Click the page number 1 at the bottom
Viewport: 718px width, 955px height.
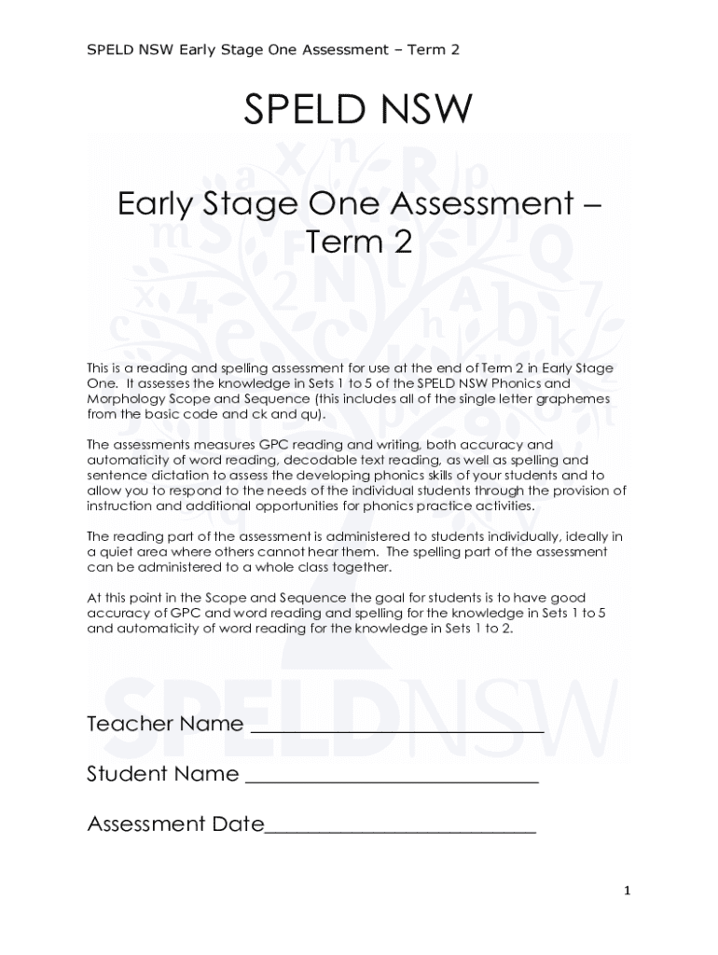tap(628, 892)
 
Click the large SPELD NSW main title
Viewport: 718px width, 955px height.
tap(358, 111)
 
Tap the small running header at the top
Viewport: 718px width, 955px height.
tap(272, 48)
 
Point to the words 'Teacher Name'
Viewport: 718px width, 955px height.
tap(165, 724)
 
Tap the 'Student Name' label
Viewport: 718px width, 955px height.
tap(162, 774)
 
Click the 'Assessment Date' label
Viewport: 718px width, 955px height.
tap(175, 824)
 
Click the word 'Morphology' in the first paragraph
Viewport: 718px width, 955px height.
tap(124, 398)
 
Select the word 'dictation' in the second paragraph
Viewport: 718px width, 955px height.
tap(173, 475)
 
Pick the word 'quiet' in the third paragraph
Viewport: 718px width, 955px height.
tap(118, 551)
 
